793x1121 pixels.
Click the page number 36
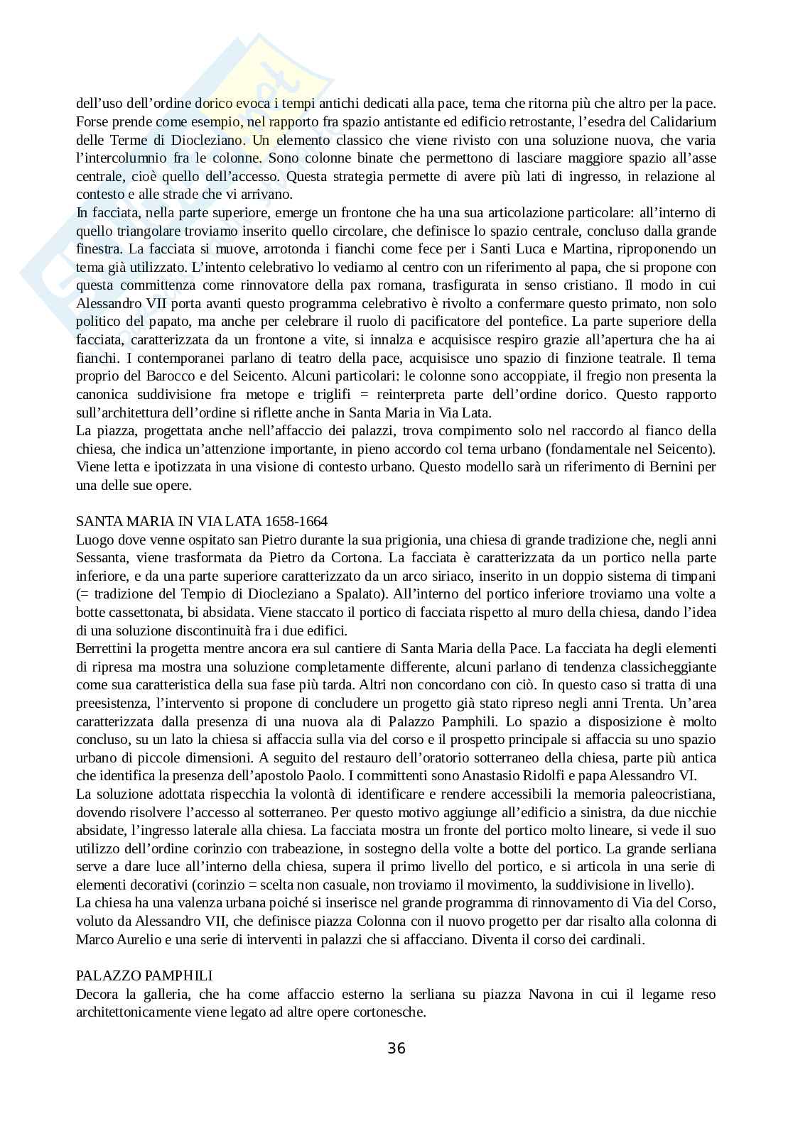click(x=396, y=1048)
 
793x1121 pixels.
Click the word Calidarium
click(x=682, y=121)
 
